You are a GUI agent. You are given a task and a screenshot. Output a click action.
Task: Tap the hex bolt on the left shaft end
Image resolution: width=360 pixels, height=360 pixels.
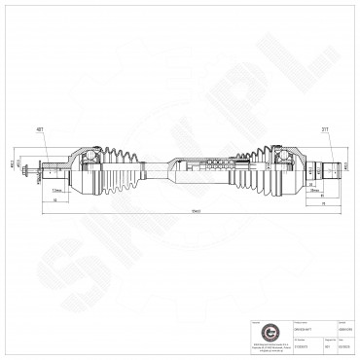34,175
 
